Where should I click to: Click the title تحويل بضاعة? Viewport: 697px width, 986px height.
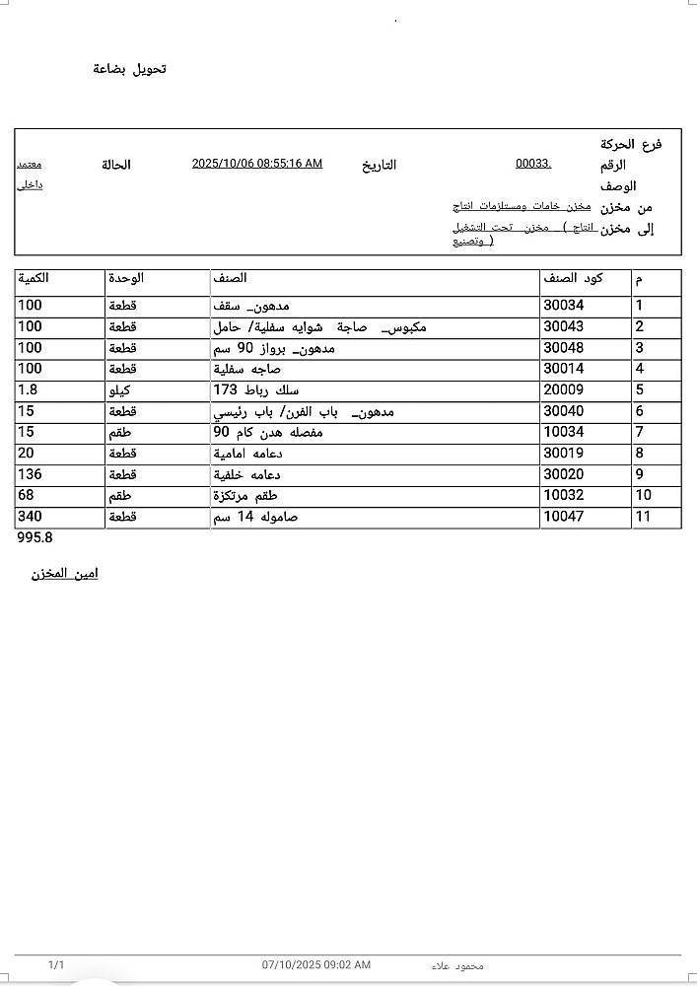tap(130, 69)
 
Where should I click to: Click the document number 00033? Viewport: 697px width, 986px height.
tap(533, 164)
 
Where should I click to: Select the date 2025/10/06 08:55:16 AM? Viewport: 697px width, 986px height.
tap(256, 164)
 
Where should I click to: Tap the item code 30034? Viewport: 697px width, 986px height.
tap(563, 306)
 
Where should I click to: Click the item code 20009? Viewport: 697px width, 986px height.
tap(563, 390)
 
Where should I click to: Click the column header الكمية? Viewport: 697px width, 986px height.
tap(34, 279)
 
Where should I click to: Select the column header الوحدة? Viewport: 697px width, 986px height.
tap(125, 279)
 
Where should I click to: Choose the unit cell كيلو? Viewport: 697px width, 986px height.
tap(119, 390)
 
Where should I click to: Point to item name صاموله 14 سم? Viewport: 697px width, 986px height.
tap(255, 517)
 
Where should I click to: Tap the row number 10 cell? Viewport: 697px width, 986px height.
tap(644, 496)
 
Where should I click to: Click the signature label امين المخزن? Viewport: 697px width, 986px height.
tap(65, 574)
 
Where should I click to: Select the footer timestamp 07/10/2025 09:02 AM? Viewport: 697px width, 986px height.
tap(316, 964)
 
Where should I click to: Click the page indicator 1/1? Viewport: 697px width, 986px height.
tap(56, 964)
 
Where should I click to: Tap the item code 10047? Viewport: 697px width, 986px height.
tap(563, 517)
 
